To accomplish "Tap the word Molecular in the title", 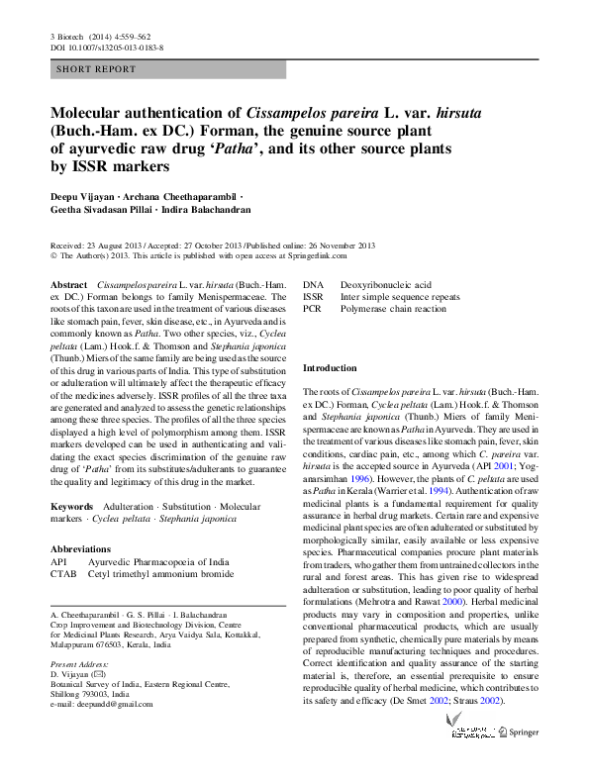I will click(x=92, y=114).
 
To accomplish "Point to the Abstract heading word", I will click(x=69, y=284).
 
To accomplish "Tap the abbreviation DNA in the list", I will click(x=313, y=284).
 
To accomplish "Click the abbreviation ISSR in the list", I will click(x=314, y=296).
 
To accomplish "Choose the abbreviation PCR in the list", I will click(x=313, y=309).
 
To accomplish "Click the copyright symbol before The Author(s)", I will click(x=54, y=254).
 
